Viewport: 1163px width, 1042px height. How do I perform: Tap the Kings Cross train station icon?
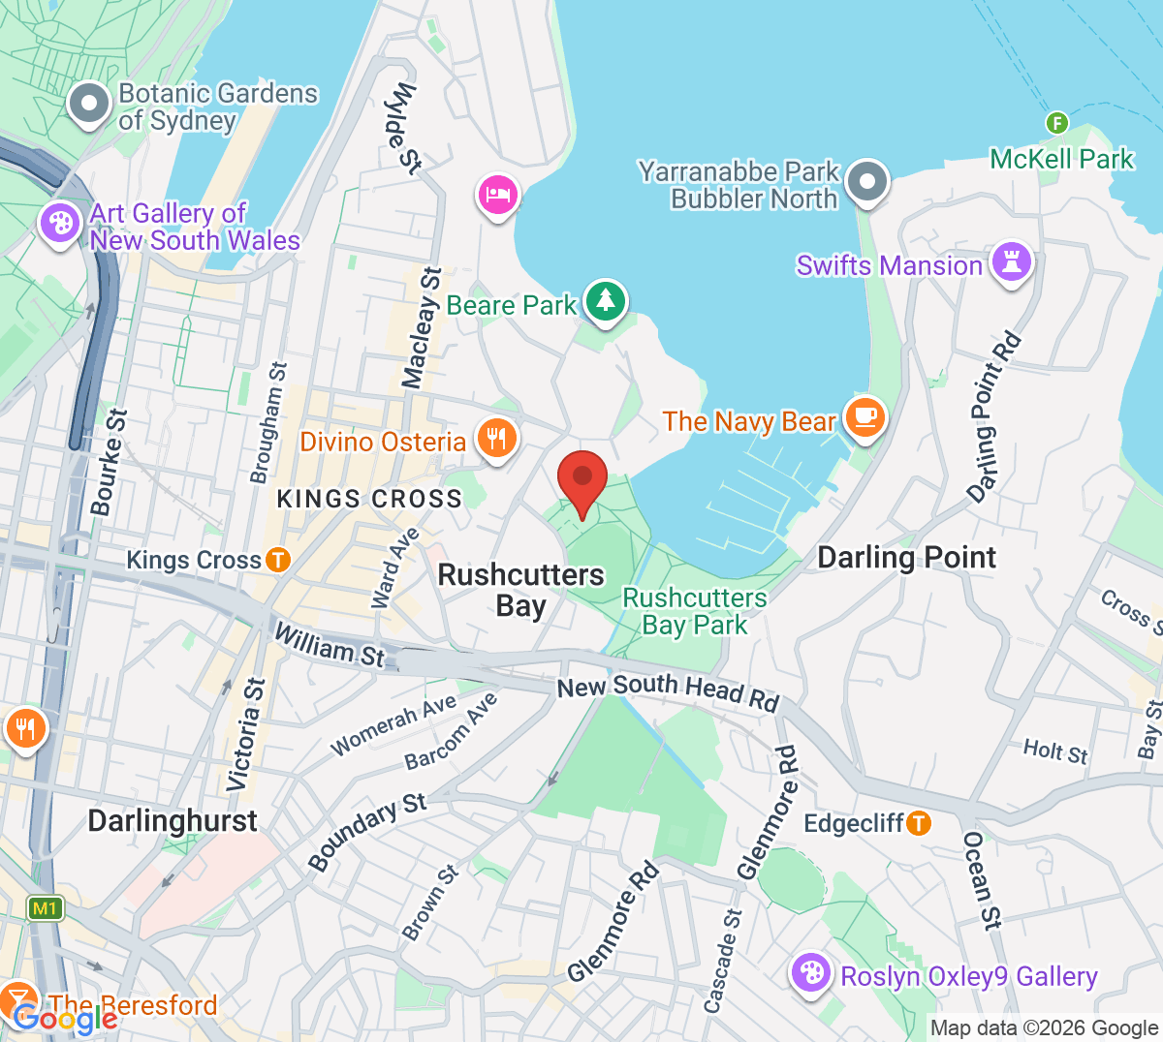278,560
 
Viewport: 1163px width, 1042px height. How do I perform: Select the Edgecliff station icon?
918,823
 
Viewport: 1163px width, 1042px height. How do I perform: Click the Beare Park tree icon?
606,300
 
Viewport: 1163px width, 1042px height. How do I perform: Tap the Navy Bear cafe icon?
864,417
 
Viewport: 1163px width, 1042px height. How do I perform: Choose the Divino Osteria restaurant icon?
496,439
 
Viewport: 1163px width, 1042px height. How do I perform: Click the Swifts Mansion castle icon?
1012,260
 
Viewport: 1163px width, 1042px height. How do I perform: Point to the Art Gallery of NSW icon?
60,224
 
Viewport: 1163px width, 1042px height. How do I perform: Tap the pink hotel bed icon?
497,195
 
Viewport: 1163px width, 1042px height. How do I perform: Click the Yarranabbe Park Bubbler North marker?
866,181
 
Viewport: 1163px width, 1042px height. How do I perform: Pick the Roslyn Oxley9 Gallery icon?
811,972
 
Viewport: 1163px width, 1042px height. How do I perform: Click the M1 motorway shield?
45,908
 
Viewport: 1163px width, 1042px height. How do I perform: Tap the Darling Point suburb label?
906,558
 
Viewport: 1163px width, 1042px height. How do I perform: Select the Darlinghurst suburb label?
173,821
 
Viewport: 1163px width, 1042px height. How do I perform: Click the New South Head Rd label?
668,690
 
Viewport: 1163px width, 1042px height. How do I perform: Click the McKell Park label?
1061,159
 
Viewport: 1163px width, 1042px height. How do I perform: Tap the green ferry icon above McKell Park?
1056,123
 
